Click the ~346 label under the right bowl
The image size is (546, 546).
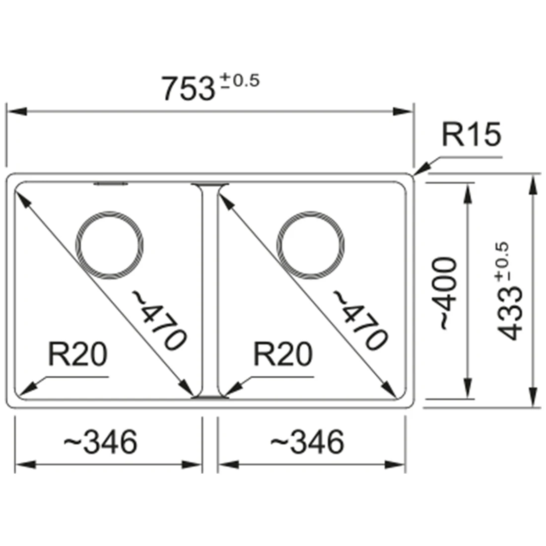[x=306, y=441]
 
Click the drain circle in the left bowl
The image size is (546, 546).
[x=111, y=244]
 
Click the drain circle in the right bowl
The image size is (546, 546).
[x=311, y=244]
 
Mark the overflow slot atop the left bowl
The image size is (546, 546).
[x=111, y=184]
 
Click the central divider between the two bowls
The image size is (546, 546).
[x=209, y=290]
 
